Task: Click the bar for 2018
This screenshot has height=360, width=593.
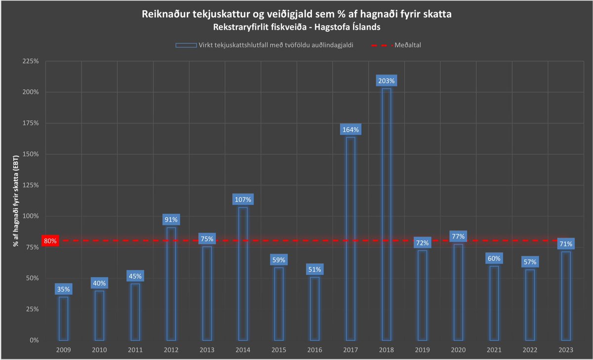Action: coord(386,214)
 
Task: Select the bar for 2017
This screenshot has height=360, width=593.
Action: coord(350,238)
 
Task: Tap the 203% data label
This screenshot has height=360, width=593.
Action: coord(386,81)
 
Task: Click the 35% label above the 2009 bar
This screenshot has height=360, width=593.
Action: coord(63,289)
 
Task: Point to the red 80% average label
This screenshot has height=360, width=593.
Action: coord(51,241)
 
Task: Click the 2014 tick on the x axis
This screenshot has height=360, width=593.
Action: coord(243,350)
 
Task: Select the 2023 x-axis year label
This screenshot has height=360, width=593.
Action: coord(566,350)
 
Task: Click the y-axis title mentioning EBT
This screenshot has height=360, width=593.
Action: coord(16,200)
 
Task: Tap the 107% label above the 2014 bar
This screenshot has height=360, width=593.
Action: coord(243,200)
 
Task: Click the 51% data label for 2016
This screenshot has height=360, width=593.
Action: coord(314,270)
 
